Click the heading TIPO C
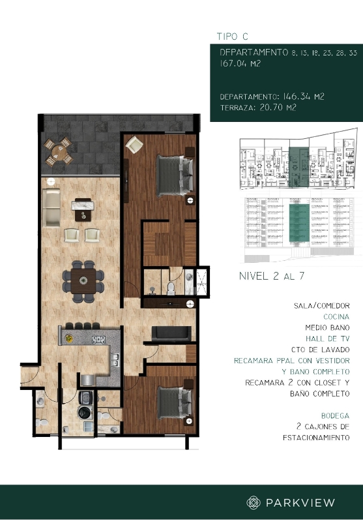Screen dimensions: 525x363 pyautogui.click(x=232, y=37)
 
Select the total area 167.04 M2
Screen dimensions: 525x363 pyautogui.click(x=240, y=64)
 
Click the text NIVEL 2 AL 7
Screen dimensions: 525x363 pyautogui.click(x=272, y=276)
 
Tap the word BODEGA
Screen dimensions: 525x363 pyautogui.click(x=335, y=415)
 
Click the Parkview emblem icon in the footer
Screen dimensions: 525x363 pyautogui.click(x=253, y=502)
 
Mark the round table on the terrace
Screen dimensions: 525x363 pyautogui.click(x=60, y=152)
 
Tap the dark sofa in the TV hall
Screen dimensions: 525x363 pyautogui.click(x=171, y=334)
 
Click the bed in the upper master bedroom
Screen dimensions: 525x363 pyautogui.click(x=175, y=174)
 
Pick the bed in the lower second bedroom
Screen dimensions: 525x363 pyautogui.click(x=174, y=401)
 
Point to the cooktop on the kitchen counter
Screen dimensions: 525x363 pyautogui.click(x=98, y=340)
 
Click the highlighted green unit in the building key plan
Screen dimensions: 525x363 pyautogui.click(x=298, y=166)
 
